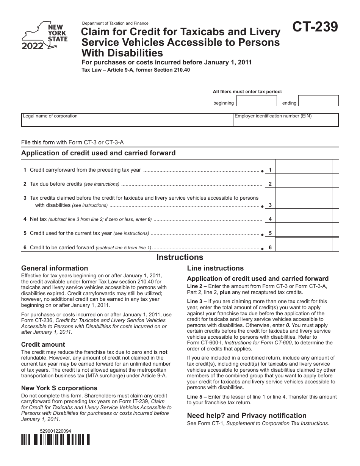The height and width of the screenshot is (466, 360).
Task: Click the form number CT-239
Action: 315,28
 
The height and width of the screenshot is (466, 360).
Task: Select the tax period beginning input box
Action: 257,101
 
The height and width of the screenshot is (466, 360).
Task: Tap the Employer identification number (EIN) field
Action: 286,120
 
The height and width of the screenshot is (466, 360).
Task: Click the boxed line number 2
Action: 270,184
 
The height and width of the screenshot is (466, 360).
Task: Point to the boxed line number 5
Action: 270,233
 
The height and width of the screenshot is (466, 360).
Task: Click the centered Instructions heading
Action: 180,258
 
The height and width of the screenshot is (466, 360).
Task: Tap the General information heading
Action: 55,268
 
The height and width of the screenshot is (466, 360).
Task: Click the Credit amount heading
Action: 43,344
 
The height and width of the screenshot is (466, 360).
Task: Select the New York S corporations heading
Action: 59,388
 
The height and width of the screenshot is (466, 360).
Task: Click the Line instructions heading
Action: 215,268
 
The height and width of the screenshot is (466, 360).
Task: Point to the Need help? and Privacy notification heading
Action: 247,416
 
